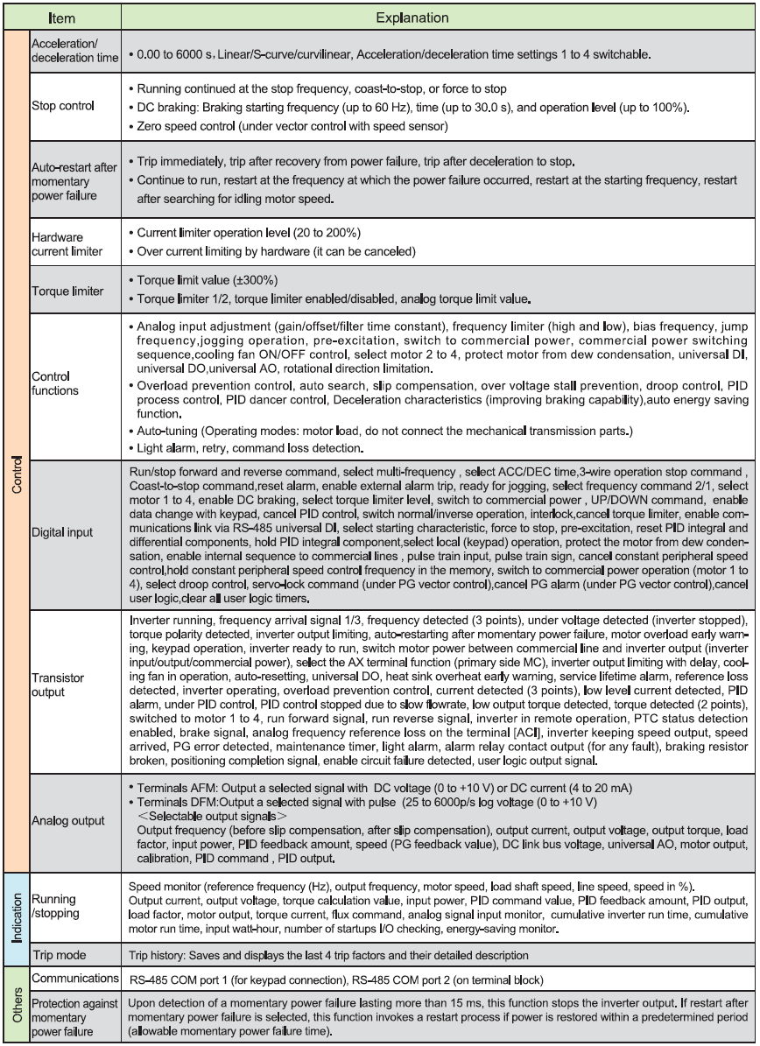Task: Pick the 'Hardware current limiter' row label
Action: [64, 242]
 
